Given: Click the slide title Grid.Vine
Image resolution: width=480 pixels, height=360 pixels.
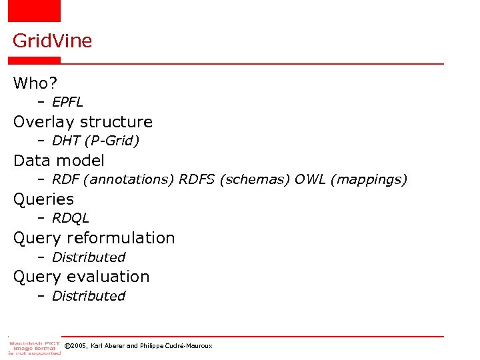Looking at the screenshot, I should [x=52, y=41].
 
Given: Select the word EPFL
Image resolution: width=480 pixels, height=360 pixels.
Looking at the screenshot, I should [x=67, y=102].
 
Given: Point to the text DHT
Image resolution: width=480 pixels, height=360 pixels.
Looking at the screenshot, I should [x=65, y=141].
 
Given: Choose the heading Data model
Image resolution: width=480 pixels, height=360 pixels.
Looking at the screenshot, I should [x=59, y=161].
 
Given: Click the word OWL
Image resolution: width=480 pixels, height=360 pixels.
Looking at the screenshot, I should [x=311, y=179].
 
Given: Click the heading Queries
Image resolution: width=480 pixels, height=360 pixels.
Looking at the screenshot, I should [x=43, y=199].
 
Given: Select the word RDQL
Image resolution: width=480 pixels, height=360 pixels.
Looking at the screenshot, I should [x=70, y=218].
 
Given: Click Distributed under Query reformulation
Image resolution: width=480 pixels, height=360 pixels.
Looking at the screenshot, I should [x=88, y=257].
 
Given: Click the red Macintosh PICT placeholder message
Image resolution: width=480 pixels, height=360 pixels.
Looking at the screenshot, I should [x=35, y=347].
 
